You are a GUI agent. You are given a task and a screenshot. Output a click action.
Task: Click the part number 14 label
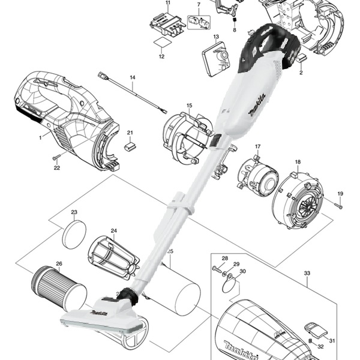click(133, 78)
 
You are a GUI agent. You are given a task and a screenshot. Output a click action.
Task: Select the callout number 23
click(74, 212)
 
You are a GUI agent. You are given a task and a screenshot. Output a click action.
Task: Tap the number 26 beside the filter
click(59, 263)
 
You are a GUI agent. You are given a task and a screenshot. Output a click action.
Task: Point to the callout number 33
click(307, 274)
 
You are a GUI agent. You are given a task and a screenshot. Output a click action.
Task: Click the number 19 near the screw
click(340, 193)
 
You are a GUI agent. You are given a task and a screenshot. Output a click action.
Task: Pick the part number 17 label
click(257, 147)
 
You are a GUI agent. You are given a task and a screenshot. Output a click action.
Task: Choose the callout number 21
click(130, 133)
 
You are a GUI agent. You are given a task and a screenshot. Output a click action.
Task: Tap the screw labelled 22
click(56, 157)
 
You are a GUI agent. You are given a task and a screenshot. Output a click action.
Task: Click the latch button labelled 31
click(314, 328)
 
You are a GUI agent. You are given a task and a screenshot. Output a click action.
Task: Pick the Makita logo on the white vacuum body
click(255, 106)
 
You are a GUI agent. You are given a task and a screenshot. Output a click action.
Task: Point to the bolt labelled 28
click(215, 269)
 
